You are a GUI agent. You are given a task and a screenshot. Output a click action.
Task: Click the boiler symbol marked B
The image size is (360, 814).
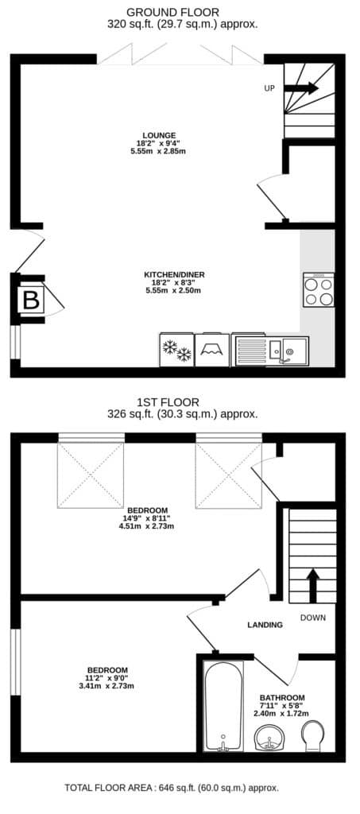(31, 300)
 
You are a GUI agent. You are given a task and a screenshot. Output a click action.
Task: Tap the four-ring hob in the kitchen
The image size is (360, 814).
(319, 291)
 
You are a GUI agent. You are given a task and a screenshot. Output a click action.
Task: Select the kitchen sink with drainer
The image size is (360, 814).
(270, 351)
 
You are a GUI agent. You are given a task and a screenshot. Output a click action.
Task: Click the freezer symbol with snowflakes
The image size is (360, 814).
(177, 351)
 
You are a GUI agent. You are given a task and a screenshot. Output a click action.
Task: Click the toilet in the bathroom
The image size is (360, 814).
(315, 735)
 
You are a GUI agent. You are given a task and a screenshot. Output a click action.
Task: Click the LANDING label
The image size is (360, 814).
(265, 625)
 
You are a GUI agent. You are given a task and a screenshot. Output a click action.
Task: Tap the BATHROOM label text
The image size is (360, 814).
(282, 698)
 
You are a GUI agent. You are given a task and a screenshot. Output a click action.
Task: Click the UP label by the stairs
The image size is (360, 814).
(269, 88)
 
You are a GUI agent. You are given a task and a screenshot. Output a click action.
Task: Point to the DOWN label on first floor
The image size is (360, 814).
(313, 618)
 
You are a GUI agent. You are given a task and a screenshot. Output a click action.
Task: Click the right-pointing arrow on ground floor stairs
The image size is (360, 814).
(301, 88)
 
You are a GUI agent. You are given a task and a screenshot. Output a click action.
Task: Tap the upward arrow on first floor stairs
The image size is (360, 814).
(313, 585)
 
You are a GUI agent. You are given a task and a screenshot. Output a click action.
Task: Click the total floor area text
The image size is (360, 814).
(172, 788)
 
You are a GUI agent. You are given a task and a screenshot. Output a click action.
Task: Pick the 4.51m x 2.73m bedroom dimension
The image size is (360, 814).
(147, 525)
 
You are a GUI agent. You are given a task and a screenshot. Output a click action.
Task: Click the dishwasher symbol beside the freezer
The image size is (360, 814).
(212, 351)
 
